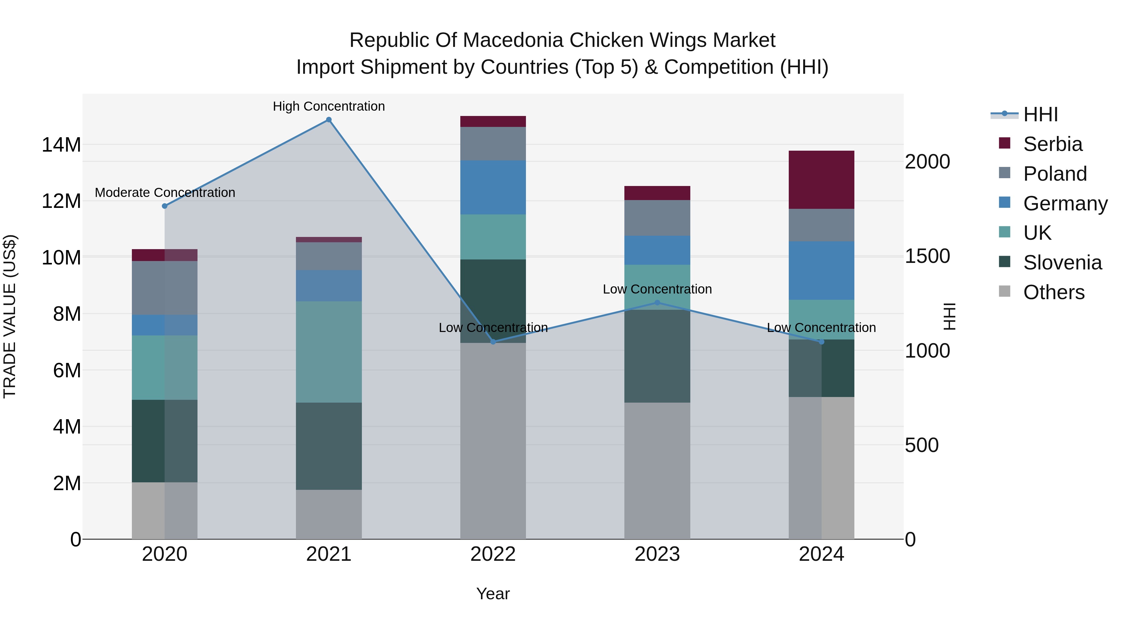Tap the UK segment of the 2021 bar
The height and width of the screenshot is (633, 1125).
(328, 352)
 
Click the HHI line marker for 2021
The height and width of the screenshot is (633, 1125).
(328, 120)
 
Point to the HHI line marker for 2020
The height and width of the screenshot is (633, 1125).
(165, 206)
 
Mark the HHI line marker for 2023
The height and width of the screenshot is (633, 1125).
(657, 302)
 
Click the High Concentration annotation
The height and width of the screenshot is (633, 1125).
(328, 106)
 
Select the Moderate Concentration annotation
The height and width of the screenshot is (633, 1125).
(165, 192)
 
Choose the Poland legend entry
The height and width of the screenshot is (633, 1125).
(1055, 173)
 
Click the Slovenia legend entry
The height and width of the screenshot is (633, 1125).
(1062, 263)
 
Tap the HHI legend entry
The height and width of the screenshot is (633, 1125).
(1040, 114)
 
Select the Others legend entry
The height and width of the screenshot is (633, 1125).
(1053, 292)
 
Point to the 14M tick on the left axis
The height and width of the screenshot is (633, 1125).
(61, 145)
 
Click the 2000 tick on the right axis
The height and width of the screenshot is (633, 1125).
(927, 162)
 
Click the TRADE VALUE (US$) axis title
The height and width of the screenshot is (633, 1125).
(10, 316)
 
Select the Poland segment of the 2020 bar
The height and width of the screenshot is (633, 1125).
(165, 288)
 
